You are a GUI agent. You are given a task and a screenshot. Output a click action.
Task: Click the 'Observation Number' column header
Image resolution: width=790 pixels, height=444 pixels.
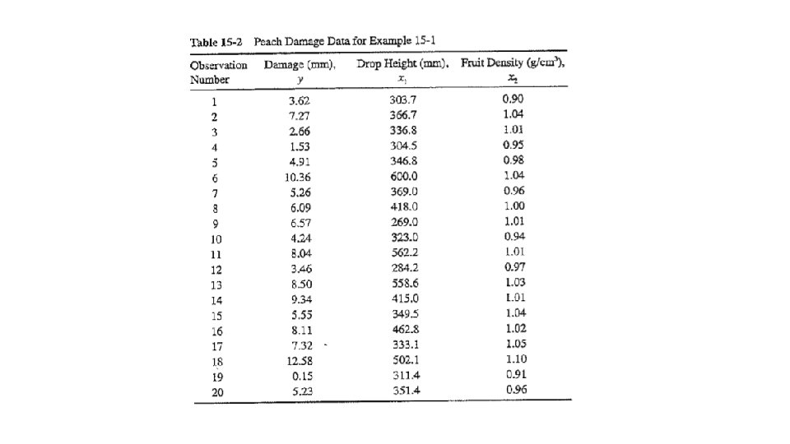[x=218, y=72]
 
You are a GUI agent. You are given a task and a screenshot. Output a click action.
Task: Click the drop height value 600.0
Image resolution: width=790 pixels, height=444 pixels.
[x=403, y=176]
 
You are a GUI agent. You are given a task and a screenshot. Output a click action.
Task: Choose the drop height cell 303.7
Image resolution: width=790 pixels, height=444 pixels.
[x=403, y=99]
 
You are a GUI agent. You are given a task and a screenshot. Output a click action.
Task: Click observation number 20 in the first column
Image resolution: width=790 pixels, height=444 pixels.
[x=217, y=392]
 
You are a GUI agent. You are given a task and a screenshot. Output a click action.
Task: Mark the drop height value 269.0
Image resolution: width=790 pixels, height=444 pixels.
[x=403, y=222]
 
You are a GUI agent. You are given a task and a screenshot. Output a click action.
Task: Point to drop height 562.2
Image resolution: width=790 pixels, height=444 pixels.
[x=403, y=253]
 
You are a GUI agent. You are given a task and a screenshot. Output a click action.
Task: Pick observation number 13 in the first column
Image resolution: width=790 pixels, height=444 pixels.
[x=217, y=284]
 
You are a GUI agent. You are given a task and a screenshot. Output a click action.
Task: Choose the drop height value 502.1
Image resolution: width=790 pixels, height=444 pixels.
[x=403, y=360]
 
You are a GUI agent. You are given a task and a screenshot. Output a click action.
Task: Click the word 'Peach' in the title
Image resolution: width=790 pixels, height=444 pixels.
[x=269, y=41]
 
